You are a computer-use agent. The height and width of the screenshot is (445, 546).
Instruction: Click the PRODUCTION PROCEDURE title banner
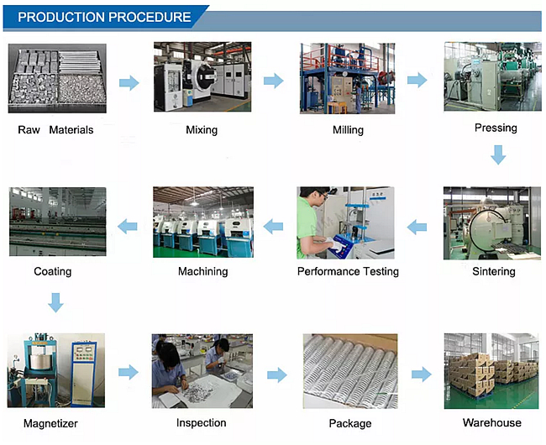click(x=104, y=17)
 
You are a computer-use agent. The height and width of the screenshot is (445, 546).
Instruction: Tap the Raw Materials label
click(x=55, y=130)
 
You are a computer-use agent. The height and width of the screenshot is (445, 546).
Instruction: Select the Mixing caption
click(x=202, y=130)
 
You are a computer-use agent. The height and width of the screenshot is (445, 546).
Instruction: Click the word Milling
click(x=348, y=130)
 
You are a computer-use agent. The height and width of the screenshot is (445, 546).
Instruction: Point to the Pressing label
click(x=496, y=128)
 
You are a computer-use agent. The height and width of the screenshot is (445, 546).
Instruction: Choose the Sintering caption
click(x=494, y=272)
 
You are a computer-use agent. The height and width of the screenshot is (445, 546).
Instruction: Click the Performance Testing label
click(x=348, y=271)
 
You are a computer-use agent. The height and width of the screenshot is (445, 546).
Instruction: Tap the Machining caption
click(x=202, y=271)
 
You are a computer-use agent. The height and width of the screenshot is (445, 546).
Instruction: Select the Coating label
click(x=53, y=271)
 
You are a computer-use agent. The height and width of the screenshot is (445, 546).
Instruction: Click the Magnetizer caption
click(x=52, y=423)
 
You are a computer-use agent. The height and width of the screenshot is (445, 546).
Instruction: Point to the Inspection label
click(x=202, y=422)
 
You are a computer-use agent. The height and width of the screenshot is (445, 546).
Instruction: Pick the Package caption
click(x=349, y=423)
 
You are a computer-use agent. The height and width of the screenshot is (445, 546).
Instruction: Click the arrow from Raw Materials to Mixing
click(x=129, y=82)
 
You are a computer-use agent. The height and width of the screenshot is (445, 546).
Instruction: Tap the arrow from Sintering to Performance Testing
click(x=417, y=225)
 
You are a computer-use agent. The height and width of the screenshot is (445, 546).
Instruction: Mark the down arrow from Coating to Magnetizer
click(x=55, y=302)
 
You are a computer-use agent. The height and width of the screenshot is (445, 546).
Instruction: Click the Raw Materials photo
click(x=57, y=78)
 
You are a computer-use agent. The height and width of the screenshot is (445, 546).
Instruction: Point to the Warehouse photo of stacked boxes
click(x=491, y=371)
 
